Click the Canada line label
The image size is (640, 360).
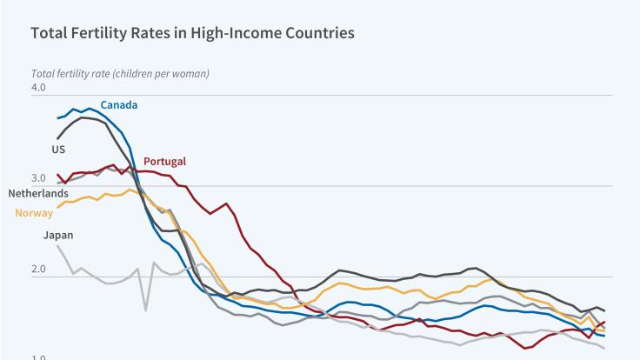(x=118, y=105)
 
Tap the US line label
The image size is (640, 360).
(x=58, y=150)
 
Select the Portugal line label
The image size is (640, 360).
(x=164, y=161)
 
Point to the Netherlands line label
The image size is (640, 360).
(x=38, y=193)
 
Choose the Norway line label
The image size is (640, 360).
(x=34, y=213)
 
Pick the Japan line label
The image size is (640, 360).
(x=57, y=235)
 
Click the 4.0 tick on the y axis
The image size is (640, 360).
(x=38, y=88)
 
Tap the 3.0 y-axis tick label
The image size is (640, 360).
(x=38, y=179)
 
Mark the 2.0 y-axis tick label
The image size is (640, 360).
(x=38, y=270)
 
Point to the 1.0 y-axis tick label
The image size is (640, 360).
(x=38, y=357)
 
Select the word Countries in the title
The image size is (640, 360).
(x=312, y=34)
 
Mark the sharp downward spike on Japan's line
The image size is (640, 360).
(x=145, y=310)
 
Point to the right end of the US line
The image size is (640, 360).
(x=605, y=311)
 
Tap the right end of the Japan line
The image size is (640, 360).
(x=605, y=349)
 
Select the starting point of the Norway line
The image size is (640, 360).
(x=57, y=207)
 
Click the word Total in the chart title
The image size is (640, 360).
(x=49, y=34)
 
